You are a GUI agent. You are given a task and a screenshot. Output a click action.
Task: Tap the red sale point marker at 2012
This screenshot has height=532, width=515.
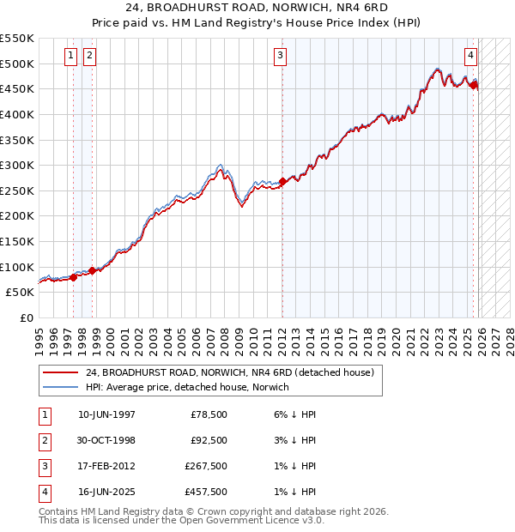282,181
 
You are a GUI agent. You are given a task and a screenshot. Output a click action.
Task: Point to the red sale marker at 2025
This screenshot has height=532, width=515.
474,84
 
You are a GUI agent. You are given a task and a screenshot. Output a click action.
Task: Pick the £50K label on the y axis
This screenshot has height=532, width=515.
21,292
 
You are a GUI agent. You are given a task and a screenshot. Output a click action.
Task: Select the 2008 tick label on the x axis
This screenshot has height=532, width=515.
225,336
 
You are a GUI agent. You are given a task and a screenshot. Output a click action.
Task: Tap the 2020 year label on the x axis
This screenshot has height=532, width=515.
396,336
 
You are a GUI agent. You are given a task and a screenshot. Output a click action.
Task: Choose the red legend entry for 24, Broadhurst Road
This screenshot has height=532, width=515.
229,373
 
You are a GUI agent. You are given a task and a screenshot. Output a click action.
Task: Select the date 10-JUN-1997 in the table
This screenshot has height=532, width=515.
106,414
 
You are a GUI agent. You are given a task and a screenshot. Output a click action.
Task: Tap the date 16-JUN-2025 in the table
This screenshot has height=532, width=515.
106,492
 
